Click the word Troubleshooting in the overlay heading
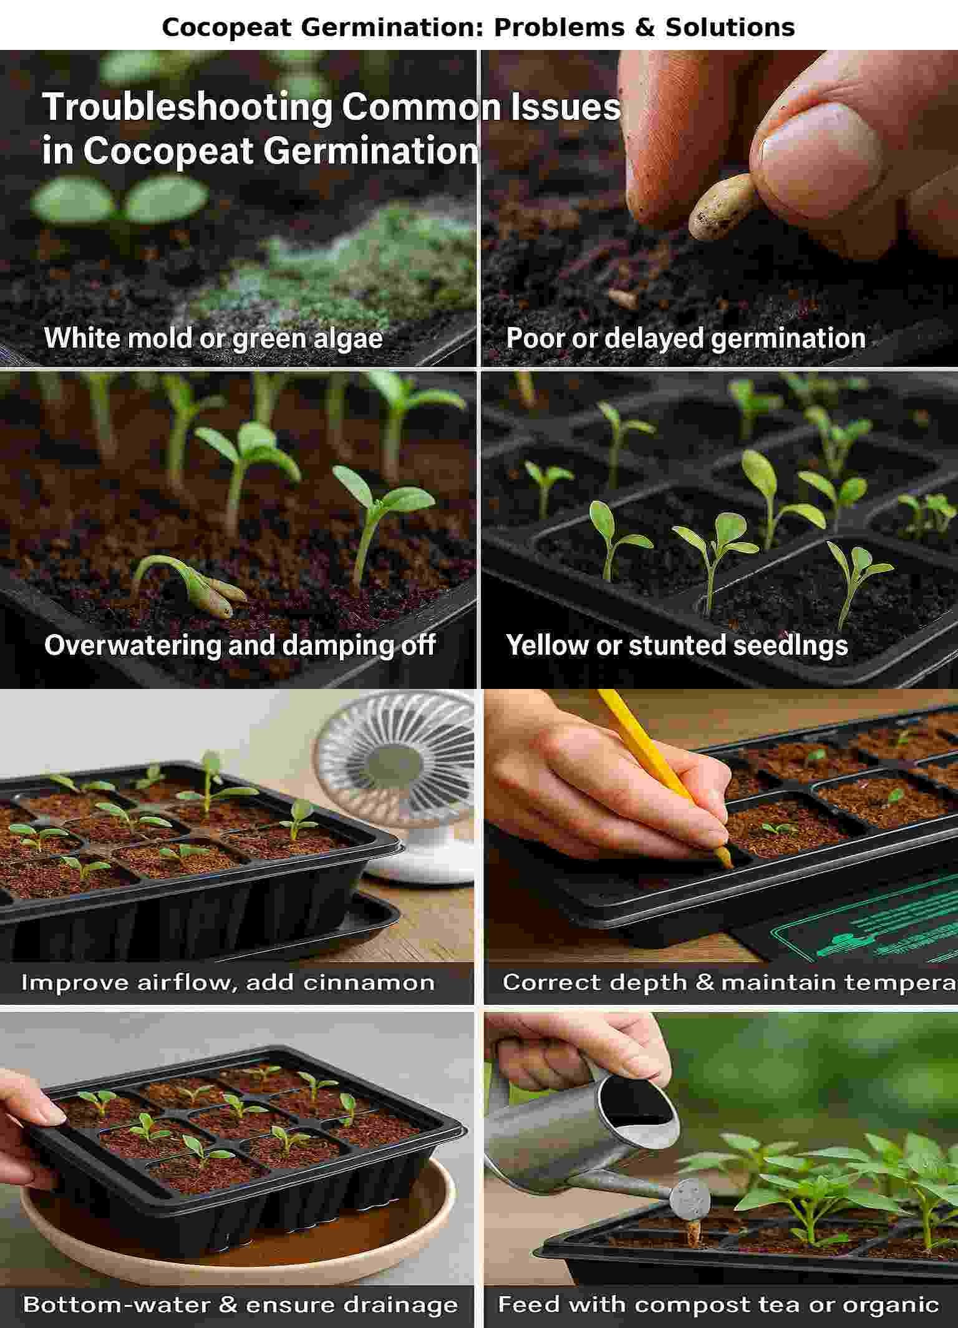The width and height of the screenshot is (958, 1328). click(x=187, y=107)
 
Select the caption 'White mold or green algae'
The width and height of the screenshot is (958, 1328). click(x=213, y=338)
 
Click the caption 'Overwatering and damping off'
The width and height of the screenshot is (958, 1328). click(x=239, y=645)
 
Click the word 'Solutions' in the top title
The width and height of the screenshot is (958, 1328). click(x=730, y=27)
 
